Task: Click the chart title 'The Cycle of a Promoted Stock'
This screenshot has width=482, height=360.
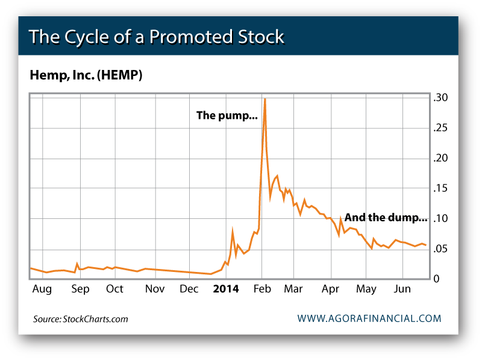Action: click(156, 37)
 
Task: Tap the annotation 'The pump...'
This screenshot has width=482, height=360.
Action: click(227, 116)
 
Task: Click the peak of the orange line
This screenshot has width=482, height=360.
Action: click(265, 99)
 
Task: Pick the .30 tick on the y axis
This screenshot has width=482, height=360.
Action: click(440, 98)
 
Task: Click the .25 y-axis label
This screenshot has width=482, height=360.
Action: click(440, 128)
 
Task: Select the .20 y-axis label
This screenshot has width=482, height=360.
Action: click(440, 158)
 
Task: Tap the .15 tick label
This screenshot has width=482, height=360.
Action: click(440, 189)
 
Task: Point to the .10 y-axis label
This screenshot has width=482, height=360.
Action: click(440, 218)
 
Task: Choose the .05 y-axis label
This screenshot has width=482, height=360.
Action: click(440, 249)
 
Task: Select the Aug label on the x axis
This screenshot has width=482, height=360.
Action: click(42, 289)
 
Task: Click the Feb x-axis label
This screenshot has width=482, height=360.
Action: click(262, 289)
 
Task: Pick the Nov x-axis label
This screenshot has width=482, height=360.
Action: click(155, 289)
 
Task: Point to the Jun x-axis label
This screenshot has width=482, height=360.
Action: click(402, 289)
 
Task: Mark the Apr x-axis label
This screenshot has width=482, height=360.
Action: click(331, 289)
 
